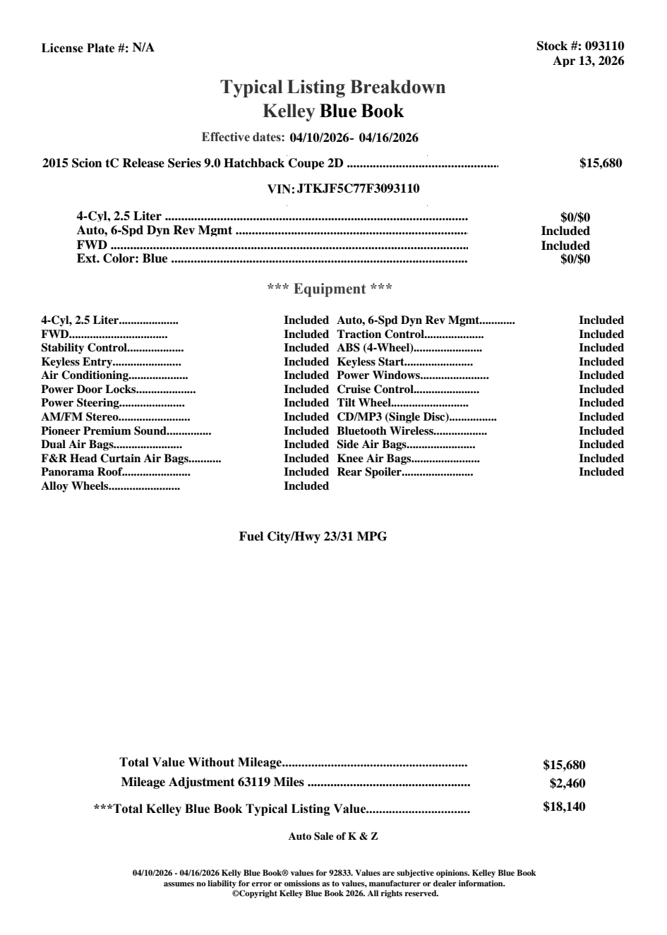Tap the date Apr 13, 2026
tap(588, 61)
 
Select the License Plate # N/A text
tap(97, 48)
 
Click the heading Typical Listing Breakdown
tap(333, 88)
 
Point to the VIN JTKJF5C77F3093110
tap(359, 188)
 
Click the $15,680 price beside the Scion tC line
tap(601, 163)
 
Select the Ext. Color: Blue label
tap(122, 258)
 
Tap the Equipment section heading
tap(330, 289)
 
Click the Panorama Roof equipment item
tap(81, 472)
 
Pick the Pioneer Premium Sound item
tap(104, 431)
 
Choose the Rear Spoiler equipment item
tap(369, 472)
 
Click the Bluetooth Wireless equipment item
tap(385, 431)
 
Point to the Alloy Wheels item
tap(75, 486)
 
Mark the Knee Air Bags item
tap(374, 459)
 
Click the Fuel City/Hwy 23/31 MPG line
tap(313, 536)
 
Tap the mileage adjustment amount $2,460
tap(567, 783)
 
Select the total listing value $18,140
tap(564, 807)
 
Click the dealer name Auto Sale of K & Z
tap(333, 836)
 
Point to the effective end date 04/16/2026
tap(388, 138)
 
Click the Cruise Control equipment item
tap(375, 390)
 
